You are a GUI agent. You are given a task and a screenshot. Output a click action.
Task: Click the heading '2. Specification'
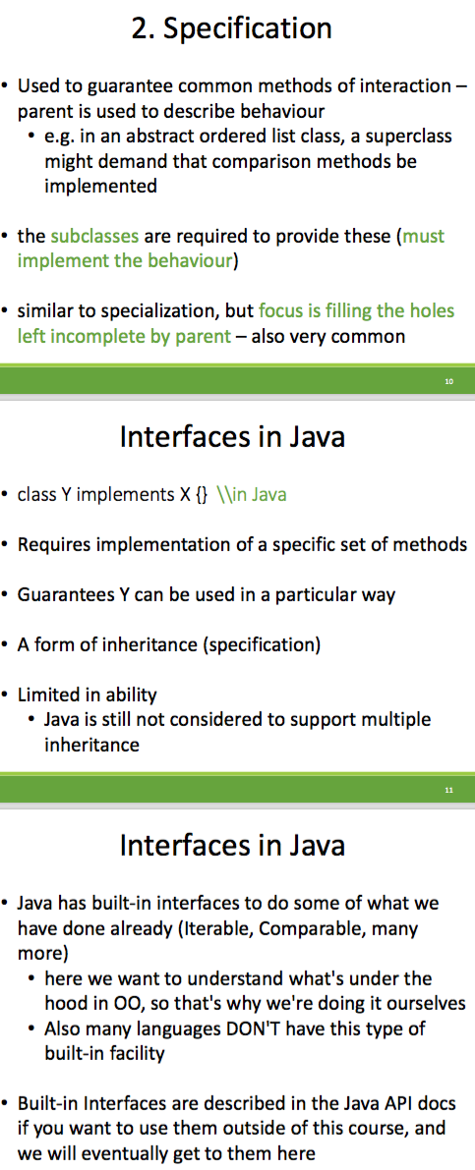pyautogui.click(x=231, y=28)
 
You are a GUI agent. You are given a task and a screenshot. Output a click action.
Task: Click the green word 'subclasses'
pyautogui.click(x=94, y=237)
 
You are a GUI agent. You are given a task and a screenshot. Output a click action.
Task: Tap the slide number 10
pyautogui.click(x=448, y=381)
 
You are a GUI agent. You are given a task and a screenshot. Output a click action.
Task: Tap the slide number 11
pyautogui.click(x=448, y=790)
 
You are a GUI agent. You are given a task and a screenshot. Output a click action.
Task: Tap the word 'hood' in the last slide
pyautogui.click(x=65, y=1004)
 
